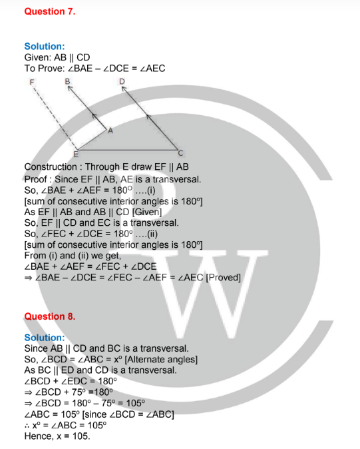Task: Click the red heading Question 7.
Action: click(x=50, y=11)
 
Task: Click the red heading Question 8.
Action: click(x=50, y=316)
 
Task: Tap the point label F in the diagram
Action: click(x=32, y=83)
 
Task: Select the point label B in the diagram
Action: click(x=67, y=82)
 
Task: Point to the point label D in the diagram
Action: click(x=122, y=82)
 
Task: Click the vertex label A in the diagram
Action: click(x=110, y=131)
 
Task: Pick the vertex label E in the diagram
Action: click(x=75, y=155)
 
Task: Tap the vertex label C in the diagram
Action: click(x=180, y=153)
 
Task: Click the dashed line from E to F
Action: click(x=55, y=118)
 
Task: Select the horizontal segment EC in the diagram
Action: click(x=128, y=150)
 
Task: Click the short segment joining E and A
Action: click(x=92, y=139)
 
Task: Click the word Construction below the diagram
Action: click(x=51, y=167)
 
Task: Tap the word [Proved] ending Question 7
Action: click(x=224, y=278)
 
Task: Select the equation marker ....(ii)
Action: click(x=146, y=234)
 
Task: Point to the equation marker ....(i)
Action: click(x=145, y=191)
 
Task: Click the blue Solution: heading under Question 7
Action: click(x=45, y=47)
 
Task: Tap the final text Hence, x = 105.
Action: click(x=57, y=436)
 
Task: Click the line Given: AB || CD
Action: click(x=57, y=57)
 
